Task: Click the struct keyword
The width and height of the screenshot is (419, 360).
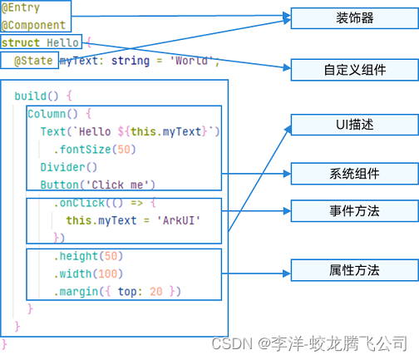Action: (21, 42)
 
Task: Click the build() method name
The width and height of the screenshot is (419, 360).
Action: (36, 96)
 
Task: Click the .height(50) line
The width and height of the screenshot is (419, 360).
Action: (87, 256)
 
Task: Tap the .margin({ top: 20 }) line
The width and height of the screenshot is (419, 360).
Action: (116, 291)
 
